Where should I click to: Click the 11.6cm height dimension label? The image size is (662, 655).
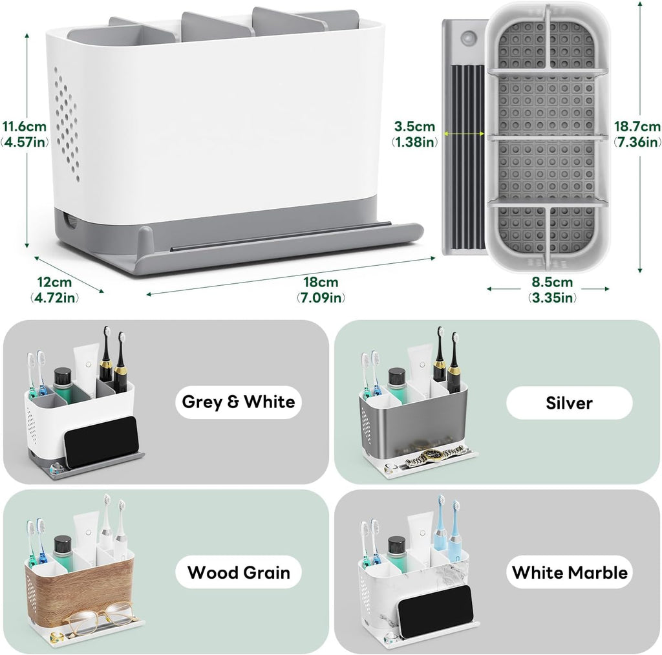coord(25,134)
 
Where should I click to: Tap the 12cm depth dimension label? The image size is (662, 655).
coord(54,290)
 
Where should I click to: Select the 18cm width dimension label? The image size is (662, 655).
coord(321,290)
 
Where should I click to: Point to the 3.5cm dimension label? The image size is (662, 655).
coord(414,134)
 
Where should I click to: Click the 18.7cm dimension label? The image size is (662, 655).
coord(637,134)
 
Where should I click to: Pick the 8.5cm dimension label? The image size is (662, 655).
coord(552,290)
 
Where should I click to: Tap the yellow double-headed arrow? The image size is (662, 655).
coord(464,134)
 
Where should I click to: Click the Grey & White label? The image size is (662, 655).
coord(239,402)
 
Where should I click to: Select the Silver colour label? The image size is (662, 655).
coord(569,403)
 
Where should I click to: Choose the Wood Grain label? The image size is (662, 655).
coord(239,573)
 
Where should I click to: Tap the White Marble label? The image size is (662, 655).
coord(570,573)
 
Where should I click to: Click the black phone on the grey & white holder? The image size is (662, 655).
coord(101,442)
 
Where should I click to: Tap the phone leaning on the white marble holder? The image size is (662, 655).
coord(435,610)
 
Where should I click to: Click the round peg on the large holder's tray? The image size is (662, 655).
coord(144,238)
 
